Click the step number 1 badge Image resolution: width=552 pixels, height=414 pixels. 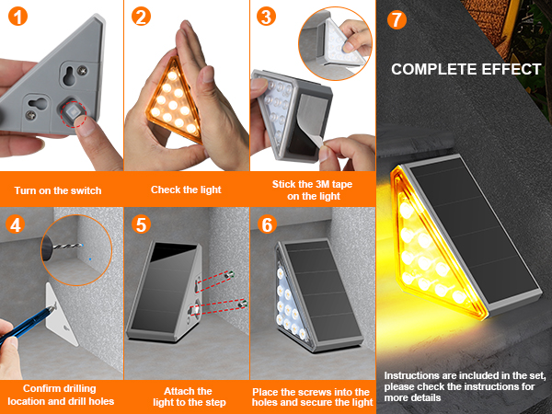click(17, 17)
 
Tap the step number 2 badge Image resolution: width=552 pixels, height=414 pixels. click(141, 17)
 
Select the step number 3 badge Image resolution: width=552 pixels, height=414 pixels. click(265, 17)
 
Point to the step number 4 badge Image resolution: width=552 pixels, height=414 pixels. click(17, 224)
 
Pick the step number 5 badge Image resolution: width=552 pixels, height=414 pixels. click(141, 224)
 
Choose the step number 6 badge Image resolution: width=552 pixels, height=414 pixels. click(265, 224)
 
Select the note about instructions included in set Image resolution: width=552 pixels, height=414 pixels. click(465, 387)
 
